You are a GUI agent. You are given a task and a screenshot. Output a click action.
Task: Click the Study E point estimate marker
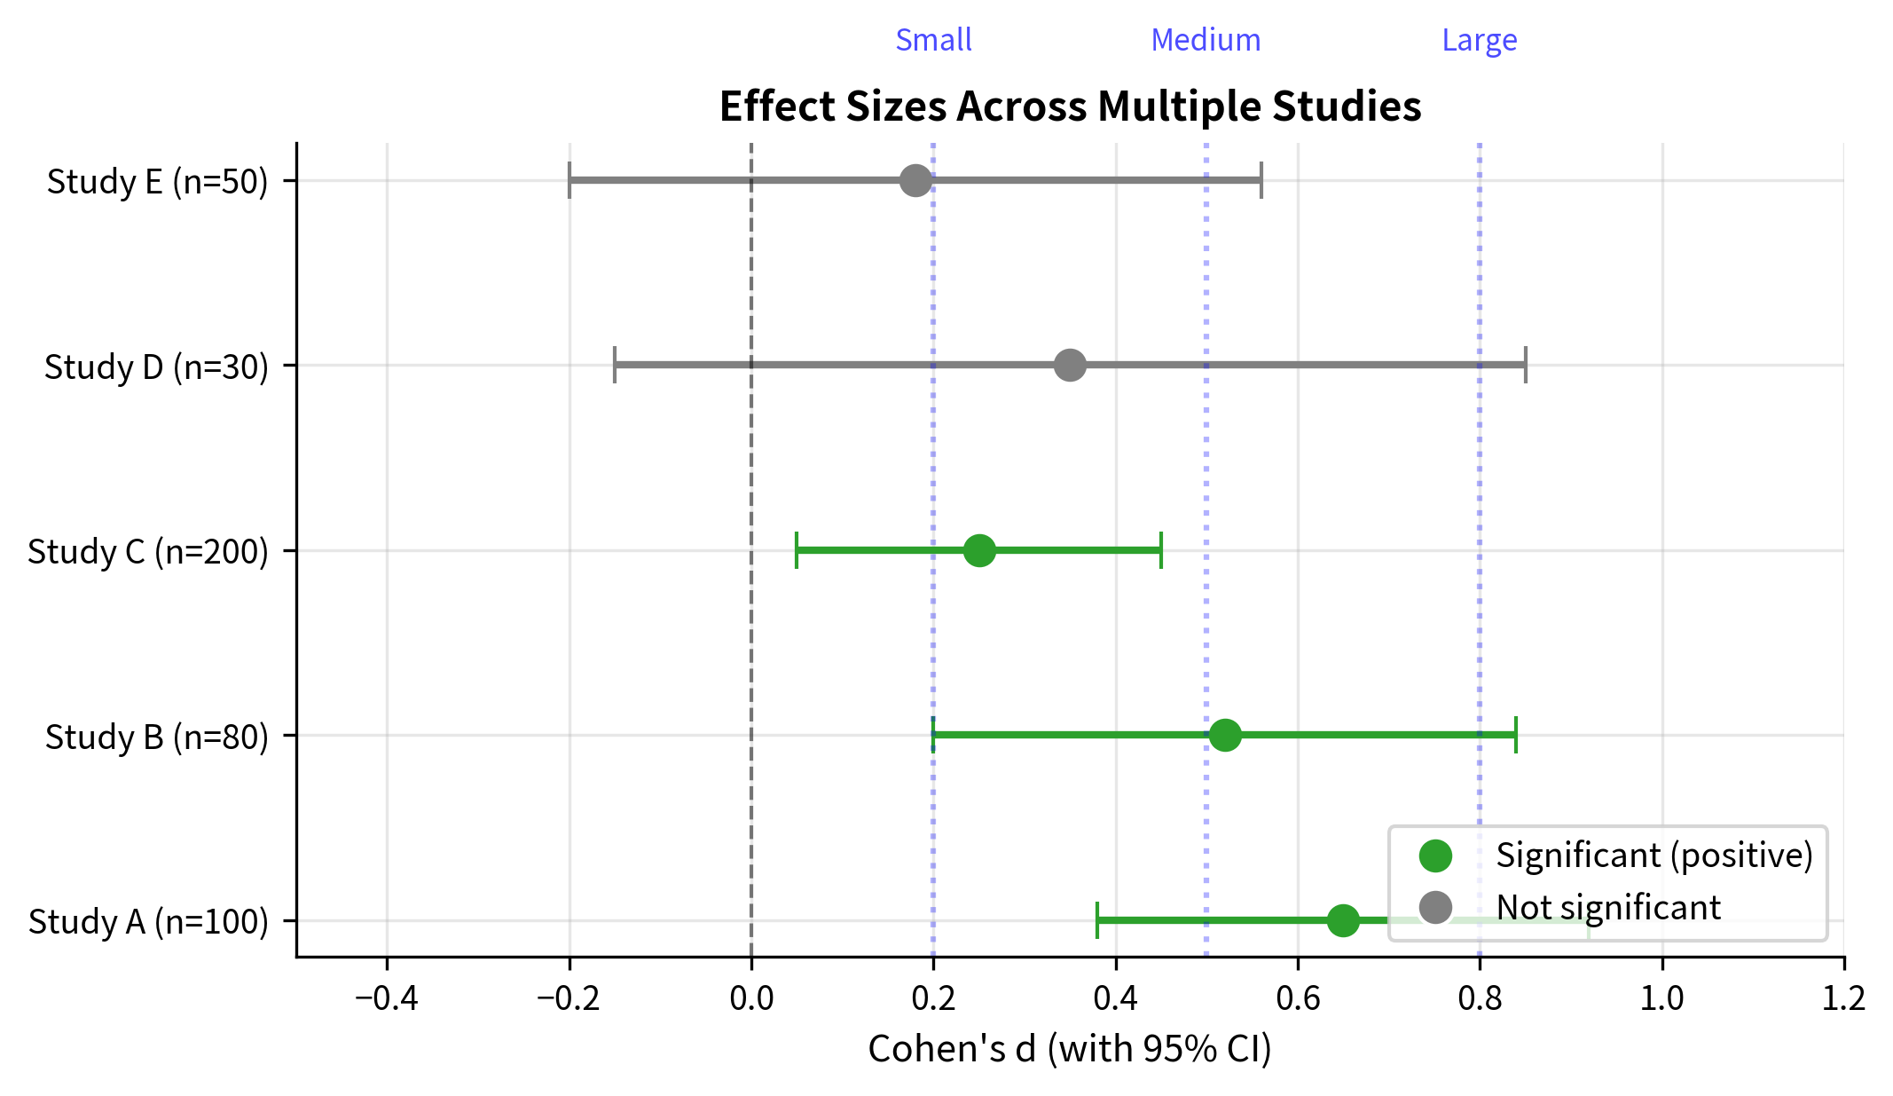915,180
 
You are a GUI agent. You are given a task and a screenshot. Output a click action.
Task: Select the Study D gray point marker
1070,365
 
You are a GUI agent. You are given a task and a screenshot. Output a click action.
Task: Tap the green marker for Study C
979,550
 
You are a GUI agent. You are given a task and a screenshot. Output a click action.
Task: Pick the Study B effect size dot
1225,735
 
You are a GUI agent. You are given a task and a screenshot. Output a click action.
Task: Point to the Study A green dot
1343,920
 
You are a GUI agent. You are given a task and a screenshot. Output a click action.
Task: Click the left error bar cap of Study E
569,180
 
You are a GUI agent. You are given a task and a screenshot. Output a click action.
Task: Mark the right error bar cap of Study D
1525,365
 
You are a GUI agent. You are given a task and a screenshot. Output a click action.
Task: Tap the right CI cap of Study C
1160,550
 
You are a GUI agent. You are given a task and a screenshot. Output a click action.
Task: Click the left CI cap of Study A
1097,920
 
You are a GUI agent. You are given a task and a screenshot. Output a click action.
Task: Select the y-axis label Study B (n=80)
156,737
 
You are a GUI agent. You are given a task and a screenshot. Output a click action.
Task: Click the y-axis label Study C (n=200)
147,551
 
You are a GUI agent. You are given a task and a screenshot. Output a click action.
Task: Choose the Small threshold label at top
933,40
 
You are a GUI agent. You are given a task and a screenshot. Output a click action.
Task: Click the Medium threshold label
1206,40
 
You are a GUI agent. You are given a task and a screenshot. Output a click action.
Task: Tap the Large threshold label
1479,40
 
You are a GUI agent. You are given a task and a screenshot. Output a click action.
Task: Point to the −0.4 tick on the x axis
387,998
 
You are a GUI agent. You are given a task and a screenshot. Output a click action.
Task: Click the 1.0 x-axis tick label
1661,998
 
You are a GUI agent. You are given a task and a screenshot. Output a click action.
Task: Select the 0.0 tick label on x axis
751,998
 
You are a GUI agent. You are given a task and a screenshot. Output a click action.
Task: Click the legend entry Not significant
1607,907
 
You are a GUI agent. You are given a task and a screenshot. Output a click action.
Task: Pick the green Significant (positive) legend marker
1435,856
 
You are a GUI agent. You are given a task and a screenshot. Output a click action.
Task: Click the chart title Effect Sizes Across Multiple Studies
1070,106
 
